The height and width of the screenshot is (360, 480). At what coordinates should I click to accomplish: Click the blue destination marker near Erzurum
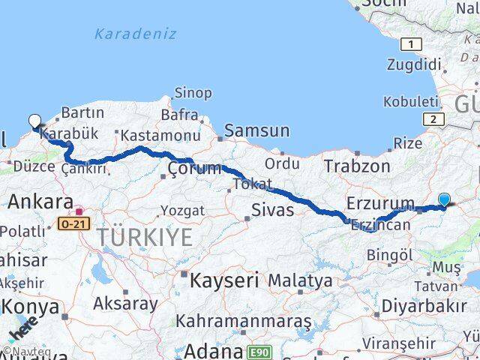pos(444,199)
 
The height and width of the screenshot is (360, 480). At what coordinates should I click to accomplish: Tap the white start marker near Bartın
pos(34,121)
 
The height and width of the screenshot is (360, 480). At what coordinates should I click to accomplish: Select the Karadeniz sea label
pos(136,34)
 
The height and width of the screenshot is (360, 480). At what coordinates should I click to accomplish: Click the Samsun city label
pos(256,130)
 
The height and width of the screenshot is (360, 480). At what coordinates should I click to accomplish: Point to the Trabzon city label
pos(358,166)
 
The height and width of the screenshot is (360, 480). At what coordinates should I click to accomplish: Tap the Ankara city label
pos(40,201)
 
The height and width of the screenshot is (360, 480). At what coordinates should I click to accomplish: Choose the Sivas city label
pos(272,209)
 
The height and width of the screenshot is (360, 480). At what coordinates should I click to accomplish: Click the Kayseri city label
pos(224,280)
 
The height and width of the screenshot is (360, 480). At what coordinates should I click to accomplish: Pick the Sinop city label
pos(193,93)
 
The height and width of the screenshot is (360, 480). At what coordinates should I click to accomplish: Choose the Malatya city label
pos(300,280)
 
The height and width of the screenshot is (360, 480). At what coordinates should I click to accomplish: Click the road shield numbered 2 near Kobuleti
pos(432,118)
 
